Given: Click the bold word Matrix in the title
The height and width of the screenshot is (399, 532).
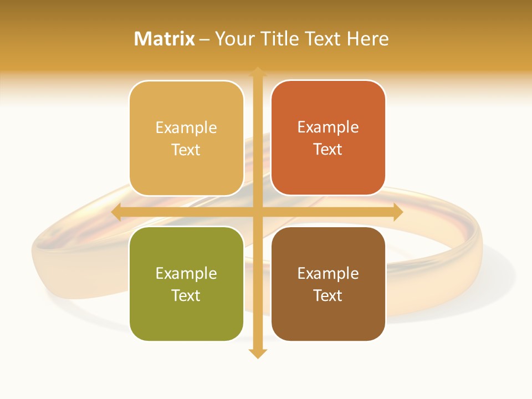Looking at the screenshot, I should tap(164, 39).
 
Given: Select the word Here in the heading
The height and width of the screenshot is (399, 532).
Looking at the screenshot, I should tap(368, 39).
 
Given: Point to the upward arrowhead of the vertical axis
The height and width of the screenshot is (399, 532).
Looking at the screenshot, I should tap(257, 71).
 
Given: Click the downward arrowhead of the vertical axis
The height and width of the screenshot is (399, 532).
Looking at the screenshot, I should tap(257, 354).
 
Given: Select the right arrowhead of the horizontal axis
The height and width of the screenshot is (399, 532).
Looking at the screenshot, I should tap(398, 212).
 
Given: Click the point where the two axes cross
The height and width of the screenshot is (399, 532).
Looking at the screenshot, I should tap(257, 212).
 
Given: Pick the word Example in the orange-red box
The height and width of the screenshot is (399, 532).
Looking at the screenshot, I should tap(328, 127).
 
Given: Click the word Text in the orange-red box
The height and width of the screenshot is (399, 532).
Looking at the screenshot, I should tap(328, 150).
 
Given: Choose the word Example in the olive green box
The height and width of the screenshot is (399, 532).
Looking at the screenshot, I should tap(186, 273).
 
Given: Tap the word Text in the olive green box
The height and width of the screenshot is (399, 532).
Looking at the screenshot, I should tap(186, 295).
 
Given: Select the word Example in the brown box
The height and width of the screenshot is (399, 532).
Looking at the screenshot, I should tap(328, 273).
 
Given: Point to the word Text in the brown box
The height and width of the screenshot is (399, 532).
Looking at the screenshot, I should tap(328, 295).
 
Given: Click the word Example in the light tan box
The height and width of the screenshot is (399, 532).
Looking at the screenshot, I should tap(186, 127).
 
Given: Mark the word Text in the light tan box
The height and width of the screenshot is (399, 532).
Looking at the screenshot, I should tap(186, 150).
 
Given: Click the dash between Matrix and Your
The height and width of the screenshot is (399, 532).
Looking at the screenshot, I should tap(204, 39).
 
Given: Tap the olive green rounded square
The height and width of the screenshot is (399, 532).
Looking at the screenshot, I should tap(186, 321).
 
